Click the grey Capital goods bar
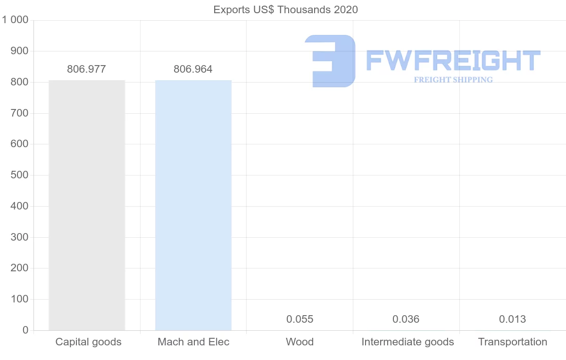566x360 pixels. click(87, 205)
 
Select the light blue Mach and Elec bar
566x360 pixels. click(193, 205)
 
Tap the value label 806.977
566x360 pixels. click(86, 69)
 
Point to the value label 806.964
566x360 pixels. click(193, 69)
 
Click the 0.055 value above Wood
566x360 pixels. click(300, 319)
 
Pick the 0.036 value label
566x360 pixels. click(406, 319)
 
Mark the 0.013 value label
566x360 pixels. click(512, 319)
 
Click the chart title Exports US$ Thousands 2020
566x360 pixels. click(285, 9)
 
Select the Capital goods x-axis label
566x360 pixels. click(88, 342)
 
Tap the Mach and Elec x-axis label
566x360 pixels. click(193, 342)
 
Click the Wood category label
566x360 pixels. click(300, 342)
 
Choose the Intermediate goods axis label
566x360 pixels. click(408, 342)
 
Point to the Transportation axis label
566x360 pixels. click(513, 342)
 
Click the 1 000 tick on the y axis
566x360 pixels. click(16, 20)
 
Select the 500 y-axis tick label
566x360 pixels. click(19, 175)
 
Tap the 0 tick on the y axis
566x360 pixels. click(25, 330)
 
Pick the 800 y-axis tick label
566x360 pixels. click(19, 82)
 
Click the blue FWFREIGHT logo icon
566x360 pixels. click(330, 61)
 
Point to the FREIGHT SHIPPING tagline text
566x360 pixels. click(453, 80)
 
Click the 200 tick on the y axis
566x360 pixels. click(19, 268)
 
